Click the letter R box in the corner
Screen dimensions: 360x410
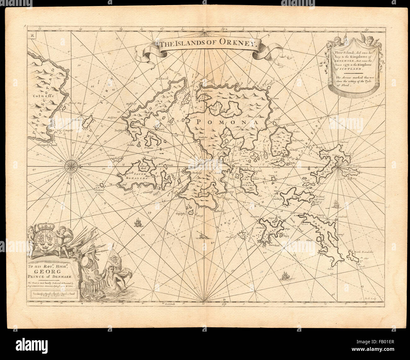click(32, 35)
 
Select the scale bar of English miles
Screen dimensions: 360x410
click(53, 293)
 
